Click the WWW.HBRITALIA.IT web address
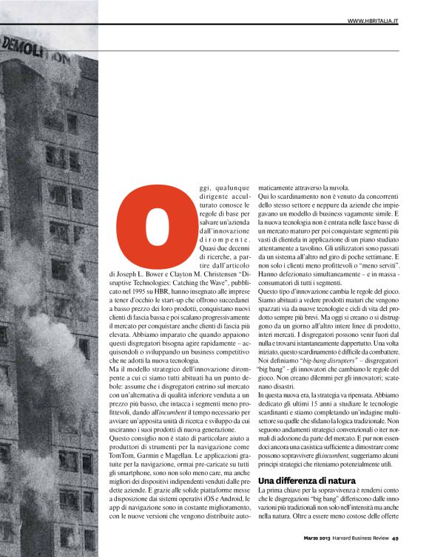(x=373, y=21)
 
